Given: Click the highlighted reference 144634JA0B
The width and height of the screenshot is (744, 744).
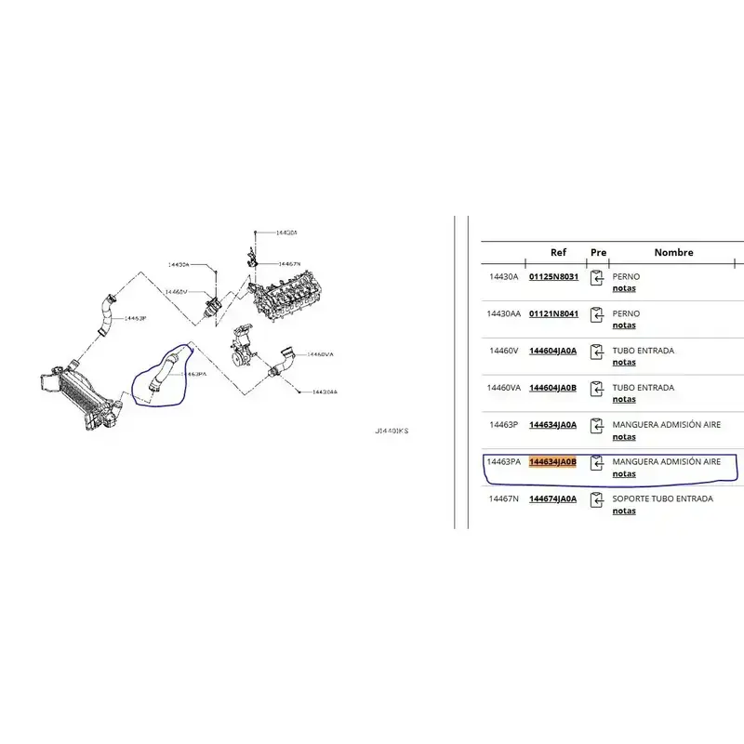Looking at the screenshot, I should [552, 462].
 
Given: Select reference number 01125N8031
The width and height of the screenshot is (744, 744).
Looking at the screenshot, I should [553, 276].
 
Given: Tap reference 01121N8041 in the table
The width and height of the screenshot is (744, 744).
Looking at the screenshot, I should [553, 313].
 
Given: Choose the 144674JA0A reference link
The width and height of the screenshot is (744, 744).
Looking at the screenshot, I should [552, 499].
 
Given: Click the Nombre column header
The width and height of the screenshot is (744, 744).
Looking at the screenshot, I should [673, 252].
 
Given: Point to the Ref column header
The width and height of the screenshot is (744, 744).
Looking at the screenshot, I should [558, 252].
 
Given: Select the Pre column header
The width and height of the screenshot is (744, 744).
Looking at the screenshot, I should [598, 252].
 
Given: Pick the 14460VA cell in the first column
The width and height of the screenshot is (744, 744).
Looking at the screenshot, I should [504, 388].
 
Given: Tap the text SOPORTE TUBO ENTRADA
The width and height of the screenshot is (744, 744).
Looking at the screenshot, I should [663, 498].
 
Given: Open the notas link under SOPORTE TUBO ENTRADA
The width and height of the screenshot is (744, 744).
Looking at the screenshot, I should [624, 511].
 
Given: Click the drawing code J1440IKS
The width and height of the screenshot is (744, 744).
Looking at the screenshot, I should [392, 432].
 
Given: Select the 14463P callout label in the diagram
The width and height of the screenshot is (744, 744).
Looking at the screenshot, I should [136, 319].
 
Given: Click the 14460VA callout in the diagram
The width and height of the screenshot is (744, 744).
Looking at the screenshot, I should [321, 354].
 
